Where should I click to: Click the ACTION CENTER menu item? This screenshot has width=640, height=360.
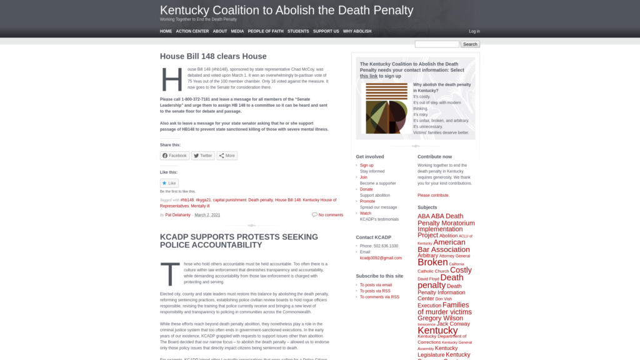192,31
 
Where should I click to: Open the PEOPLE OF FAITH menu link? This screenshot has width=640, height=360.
266,31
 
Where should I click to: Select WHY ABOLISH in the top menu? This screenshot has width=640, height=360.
357,31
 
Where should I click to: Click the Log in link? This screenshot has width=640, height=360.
474,31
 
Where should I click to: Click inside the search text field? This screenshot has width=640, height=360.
437,44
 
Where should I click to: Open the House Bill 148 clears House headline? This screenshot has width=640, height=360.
213,56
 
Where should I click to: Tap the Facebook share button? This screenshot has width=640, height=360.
174,156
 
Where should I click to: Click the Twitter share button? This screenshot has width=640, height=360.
203,156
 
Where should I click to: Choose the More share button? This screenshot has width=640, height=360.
227,156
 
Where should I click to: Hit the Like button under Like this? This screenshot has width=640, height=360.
169,183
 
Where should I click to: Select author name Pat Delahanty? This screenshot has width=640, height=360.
178,215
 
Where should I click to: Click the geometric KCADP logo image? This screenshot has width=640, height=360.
386,108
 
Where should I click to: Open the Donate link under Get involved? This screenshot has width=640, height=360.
366,189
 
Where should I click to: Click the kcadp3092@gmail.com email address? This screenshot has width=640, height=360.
381,257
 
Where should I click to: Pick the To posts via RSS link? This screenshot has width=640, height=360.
375,291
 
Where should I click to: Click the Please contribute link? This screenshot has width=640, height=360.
433,195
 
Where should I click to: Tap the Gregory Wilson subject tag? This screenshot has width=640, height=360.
440,318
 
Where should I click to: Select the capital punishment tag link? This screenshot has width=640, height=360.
229,200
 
